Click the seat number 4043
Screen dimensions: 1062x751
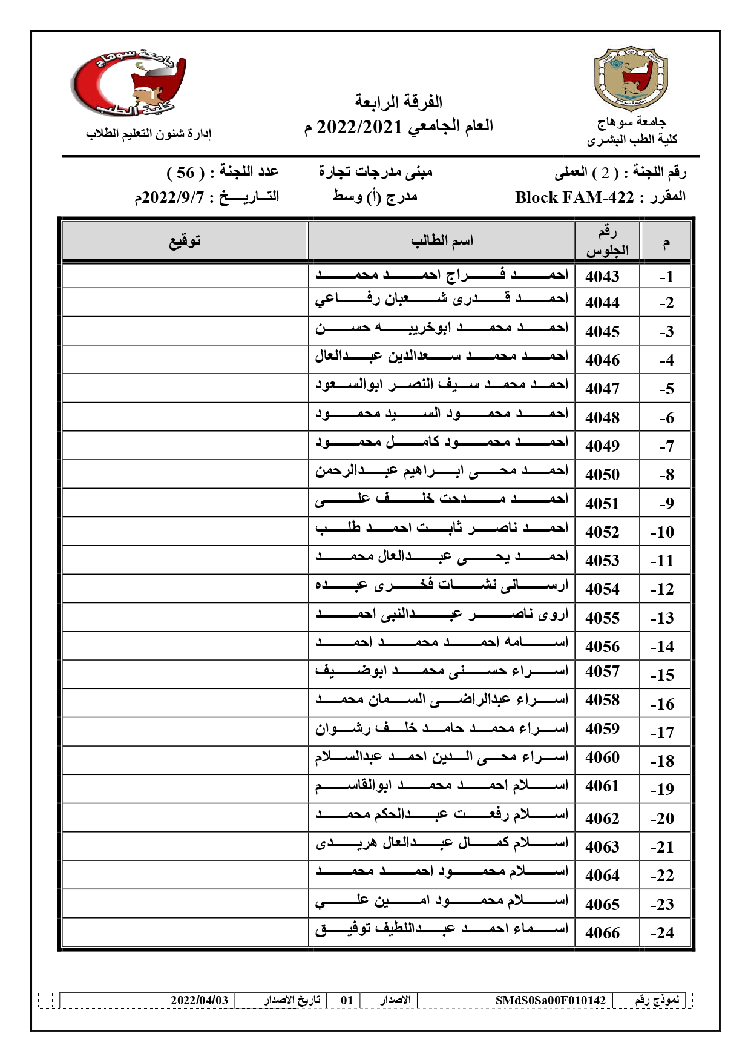tap(602, 277)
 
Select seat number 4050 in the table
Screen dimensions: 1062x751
tap(602, 475)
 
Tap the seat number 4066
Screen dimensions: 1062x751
tap(602, 933)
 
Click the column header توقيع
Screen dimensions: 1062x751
tap(185, 241)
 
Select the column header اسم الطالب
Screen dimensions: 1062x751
tap(442, 241)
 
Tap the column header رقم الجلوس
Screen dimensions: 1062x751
tap(607, 241)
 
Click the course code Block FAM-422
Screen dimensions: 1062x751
tap(574, 197)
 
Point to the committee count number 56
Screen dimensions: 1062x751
tap(185, 173)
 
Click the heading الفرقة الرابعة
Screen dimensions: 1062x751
tap(398, 102)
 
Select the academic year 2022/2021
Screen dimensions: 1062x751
tap(359, 127)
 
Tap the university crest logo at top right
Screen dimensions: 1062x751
tap(631, 77)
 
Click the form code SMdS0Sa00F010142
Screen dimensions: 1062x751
tap(550, 1000)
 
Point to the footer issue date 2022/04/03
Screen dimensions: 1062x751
tap(199, 1000)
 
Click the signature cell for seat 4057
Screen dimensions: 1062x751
tap(185, 674)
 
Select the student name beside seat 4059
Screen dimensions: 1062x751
tap(442, 728)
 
